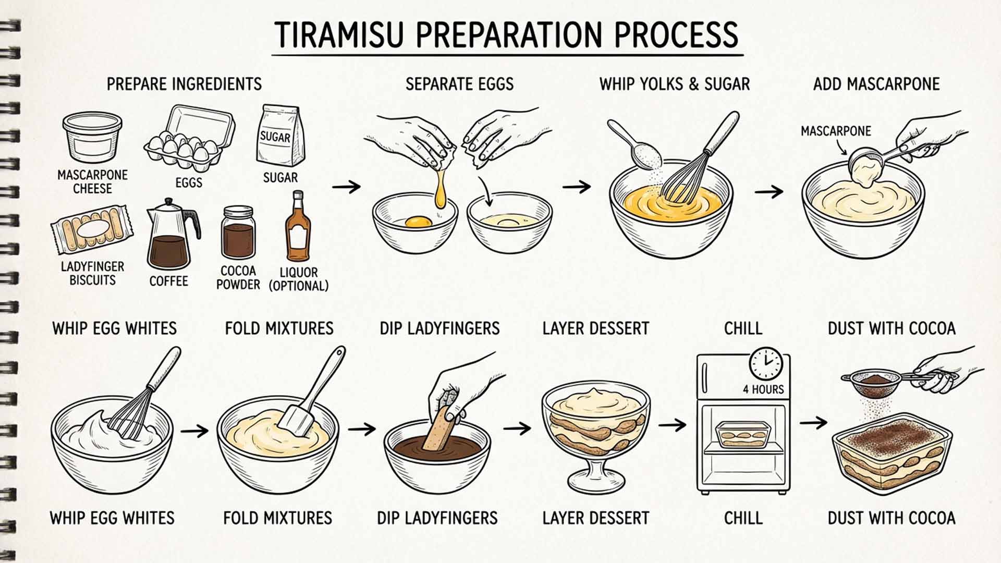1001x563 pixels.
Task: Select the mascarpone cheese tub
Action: (x=92, y=137)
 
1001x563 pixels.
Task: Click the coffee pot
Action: (x=170, y=235)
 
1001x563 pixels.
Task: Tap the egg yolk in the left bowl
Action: (x=418, y=222)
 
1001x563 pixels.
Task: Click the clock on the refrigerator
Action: (x=765, y=363)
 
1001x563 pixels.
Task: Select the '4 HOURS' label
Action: (x=763, y=389)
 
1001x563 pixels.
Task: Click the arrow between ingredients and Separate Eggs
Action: (x=346, y=187)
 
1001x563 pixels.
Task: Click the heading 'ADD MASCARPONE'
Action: (x=876, y=84)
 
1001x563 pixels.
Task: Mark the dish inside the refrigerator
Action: (x=743, y=434)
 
